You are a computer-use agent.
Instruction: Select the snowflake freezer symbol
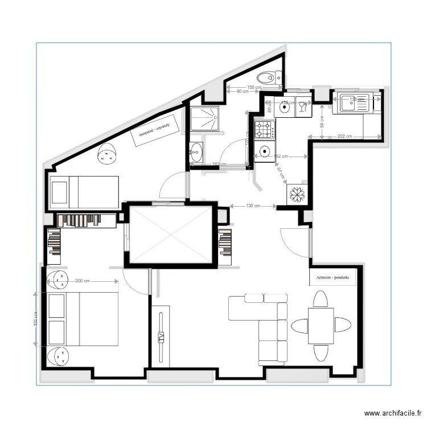296,194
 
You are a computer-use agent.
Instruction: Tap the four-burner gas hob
265,130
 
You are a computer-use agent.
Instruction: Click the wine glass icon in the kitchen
302,106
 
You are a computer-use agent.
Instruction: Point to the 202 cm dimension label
344,137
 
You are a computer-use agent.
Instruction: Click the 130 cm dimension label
253,206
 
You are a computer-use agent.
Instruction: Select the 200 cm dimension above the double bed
83,281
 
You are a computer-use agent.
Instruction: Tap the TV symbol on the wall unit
161,336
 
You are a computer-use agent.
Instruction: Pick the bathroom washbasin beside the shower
197,152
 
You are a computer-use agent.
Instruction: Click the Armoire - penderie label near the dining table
333,278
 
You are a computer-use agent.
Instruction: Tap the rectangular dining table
321,326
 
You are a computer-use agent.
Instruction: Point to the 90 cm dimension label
243,91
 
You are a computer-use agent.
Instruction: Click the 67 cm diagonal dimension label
281,173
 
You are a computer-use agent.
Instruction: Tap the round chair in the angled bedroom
106,154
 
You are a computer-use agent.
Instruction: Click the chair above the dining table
321,299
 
